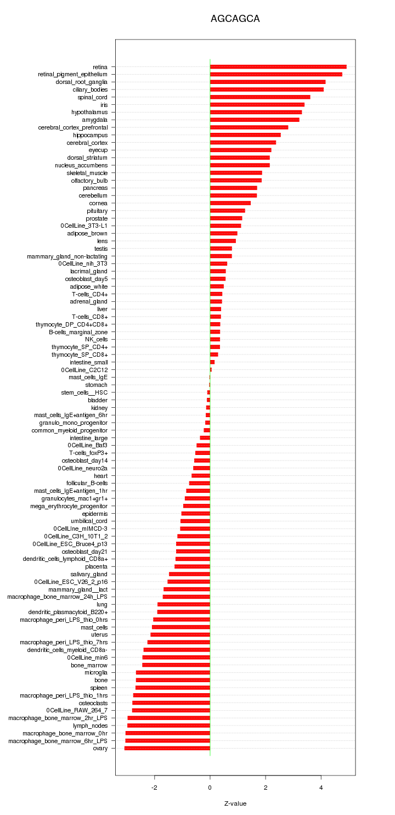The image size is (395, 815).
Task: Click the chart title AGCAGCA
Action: (235, 19)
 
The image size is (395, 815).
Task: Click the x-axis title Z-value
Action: (235, 803)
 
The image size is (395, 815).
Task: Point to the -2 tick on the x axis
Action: (155, 787)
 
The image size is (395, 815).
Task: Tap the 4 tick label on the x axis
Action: (321, 787)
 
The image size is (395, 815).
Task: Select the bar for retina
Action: (278, 67)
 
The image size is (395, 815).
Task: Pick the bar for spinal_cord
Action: (260, 97)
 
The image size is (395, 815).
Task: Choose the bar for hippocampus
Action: (245, 135)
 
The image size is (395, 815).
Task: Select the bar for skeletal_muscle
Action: (236, 173)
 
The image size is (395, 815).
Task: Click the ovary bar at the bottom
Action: (167, 748)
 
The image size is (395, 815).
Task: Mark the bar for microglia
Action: (173, 672)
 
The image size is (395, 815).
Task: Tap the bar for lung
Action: (184, 604)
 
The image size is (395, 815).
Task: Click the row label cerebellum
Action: (93, 195)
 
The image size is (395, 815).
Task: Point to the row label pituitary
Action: (97, 211)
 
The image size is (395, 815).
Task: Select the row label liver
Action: (103, 309)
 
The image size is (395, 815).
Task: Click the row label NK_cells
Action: (97, 339)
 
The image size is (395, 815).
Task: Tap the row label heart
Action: (101, 475)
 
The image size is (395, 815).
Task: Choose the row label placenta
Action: (97, 566)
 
